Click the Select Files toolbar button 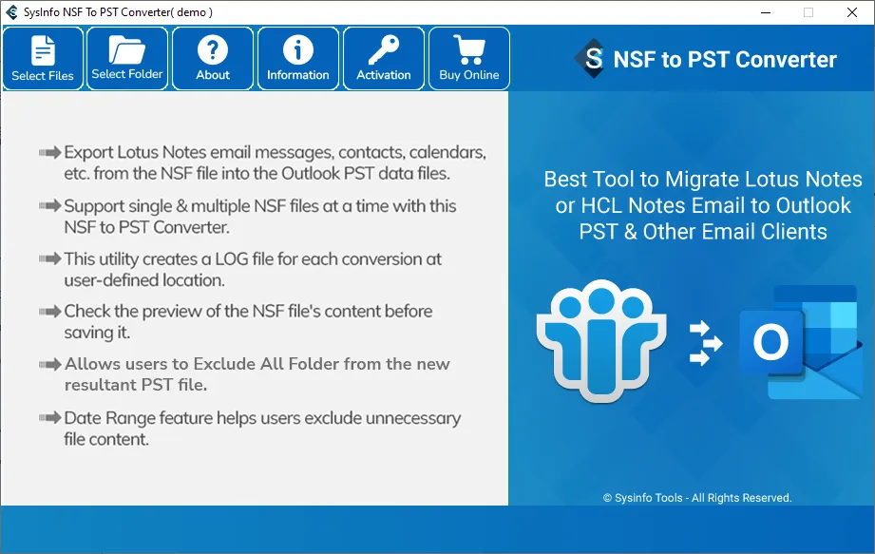click(x=43, y=59)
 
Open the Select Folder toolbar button click(x=127, y=59)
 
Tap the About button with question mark click(x=213, y=59)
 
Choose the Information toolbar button click(x=298, y=59)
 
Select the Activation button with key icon click(x=384, y=59)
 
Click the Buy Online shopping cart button click(x=468, y=59)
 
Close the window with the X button click(x=851, y=12)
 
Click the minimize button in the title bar click(x=766, y=12)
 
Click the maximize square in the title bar click(x=808, y=12)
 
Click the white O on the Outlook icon click(x=770, y=341)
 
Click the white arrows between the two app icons click(x=705, y=342)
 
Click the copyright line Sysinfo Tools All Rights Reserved click(x=697, y=498)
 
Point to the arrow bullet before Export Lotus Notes click(x=49, y=152)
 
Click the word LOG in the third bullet click(x=232, y=258)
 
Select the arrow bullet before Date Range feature click(x=49, y=418)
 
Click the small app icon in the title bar click(x=11, y=12)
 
